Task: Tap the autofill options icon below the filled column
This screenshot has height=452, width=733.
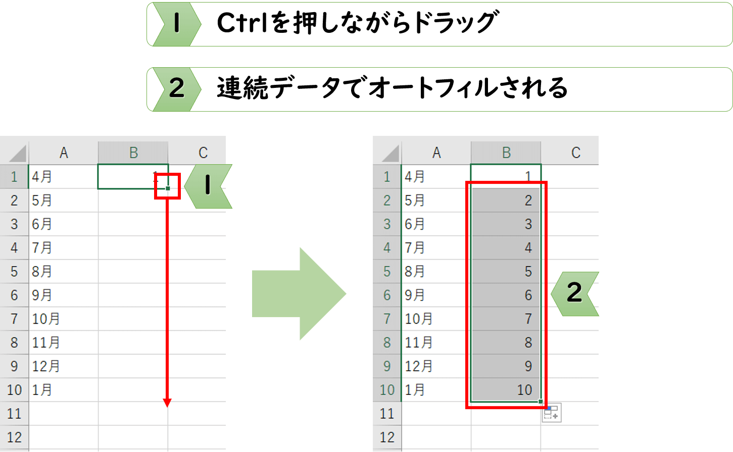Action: click(x=551, y=413)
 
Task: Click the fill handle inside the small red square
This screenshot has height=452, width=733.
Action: click(x=168, y=188)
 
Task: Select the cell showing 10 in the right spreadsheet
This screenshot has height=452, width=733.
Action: click(x=506, y=390)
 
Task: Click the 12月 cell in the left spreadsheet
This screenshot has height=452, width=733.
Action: click(x=64, y=366)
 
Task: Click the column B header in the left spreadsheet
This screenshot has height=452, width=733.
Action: click(x=133, y=153)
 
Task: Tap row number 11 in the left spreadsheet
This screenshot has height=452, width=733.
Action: click(x=14, y=414)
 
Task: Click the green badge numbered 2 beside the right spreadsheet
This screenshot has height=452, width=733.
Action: click(x=575, y=294)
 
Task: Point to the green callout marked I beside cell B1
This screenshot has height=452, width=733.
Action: click(x=208, y=186)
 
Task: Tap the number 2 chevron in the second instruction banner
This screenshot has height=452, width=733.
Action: click(x=177, y=89)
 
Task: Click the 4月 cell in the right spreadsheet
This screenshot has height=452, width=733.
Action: click(x=436, y=177)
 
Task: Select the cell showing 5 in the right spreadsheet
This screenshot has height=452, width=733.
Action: click(x=506, y=272)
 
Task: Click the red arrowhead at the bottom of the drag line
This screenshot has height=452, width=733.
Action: click(x=167, y=403)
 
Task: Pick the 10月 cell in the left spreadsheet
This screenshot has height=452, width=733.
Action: click(x=64, y=319)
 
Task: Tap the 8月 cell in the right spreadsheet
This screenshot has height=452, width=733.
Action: click(x=436, y=272)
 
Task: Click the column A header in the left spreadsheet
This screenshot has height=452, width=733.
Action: click(x=64, y=153)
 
